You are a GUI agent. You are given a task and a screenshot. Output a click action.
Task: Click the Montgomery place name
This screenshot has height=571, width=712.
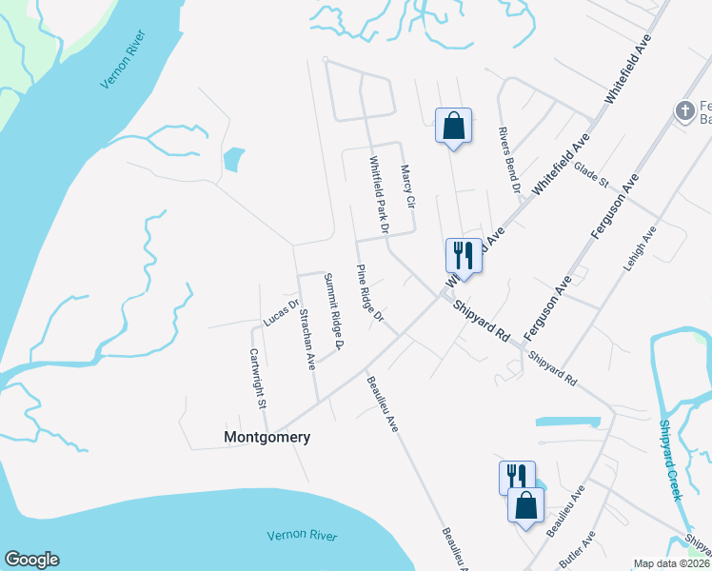(267, 438)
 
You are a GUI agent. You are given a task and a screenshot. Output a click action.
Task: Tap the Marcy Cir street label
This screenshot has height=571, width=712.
(408, 187)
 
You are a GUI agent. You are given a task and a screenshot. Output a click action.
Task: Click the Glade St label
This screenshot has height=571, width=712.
(591, 175)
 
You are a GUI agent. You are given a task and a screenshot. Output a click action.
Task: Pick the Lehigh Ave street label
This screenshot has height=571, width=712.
(641, 250)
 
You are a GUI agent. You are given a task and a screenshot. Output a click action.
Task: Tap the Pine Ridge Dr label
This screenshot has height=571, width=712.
(369, 292)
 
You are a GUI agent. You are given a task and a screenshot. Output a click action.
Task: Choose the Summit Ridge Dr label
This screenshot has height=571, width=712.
(334, 311)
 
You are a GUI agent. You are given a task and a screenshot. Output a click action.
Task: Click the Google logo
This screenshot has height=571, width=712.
(31, 560)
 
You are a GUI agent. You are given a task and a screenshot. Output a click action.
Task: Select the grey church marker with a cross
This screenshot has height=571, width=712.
(683, 111)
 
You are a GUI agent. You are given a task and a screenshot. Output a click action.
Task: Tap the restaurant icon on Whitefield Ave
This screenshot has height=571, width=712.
(464, 254)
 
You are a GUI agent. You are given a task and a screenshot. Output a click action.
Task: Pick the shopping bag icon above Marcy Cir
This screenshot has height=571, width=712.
(453, 126)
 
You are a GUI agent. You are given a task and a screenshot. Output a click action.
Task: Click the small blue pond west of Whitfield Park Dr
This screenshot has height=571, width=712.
(231, 160)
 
